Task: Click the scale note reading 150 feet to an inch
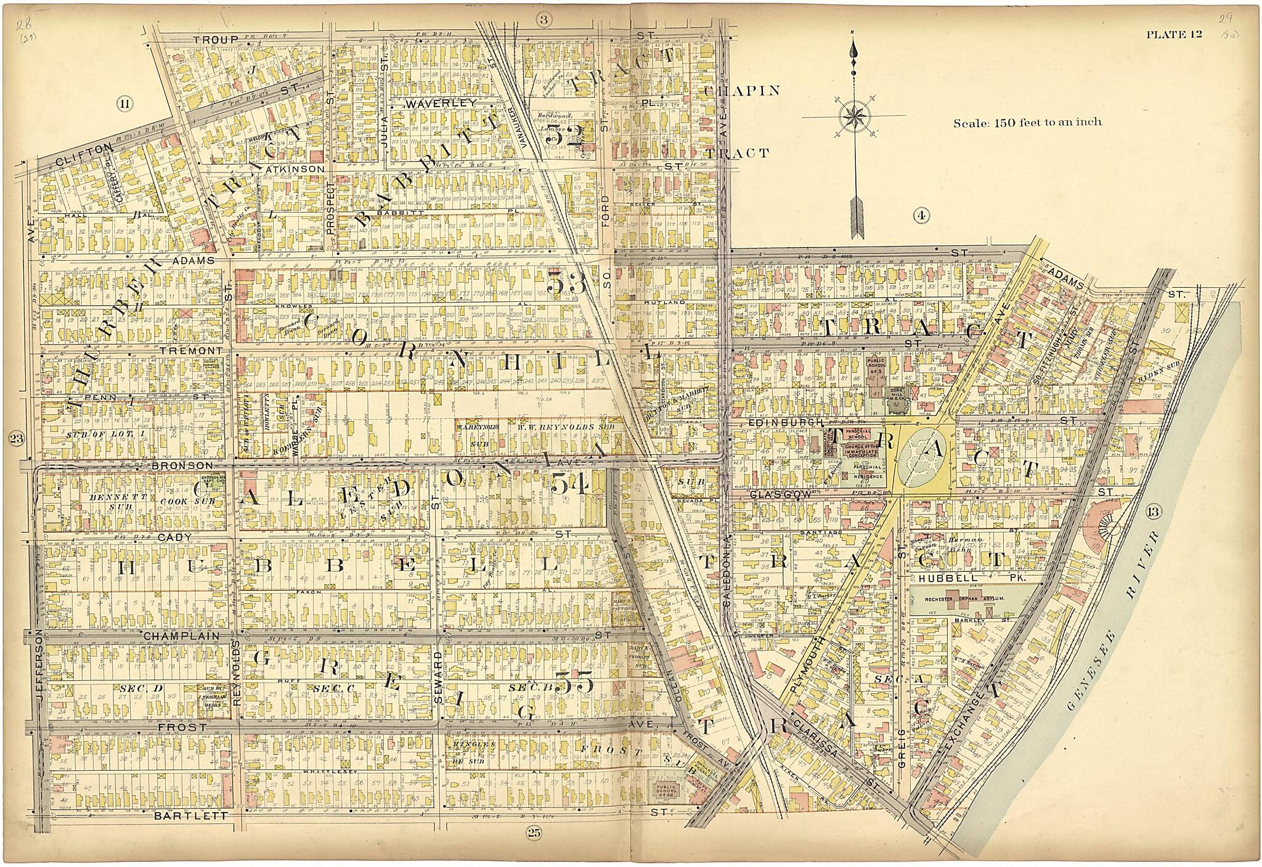[x=1027, y=122]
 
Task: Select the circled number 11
[x=124, y=104]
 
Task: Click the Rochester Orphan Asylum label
[x=966, y=598]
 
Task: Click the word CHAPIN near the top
[x=741, y=91]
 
